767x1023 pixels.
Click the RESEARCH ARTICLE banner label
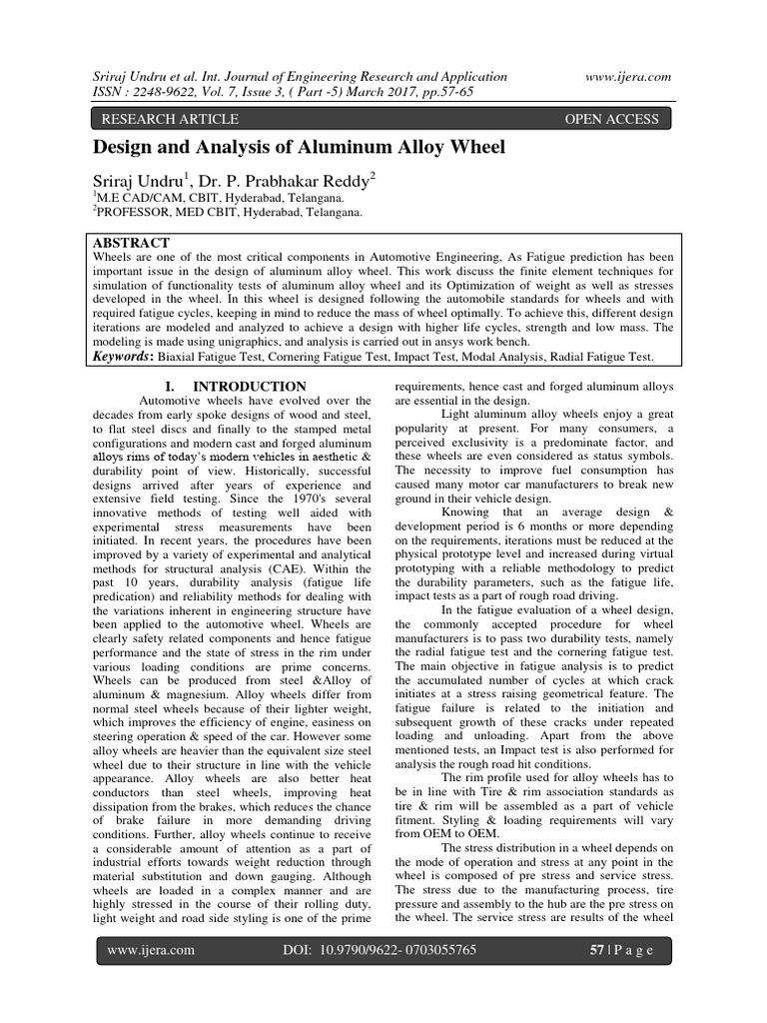165,119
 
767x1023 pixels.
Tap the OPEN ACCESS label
612,119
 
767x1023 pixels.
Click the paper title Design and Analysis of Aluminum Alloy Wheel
300,148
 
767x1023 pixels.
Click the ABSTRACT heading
131,243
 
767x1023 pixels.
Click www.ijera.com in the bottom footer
151,950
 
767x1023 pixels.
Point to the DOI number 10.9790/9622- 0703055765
410,950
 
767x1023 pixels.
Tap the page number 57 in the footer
598,950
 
